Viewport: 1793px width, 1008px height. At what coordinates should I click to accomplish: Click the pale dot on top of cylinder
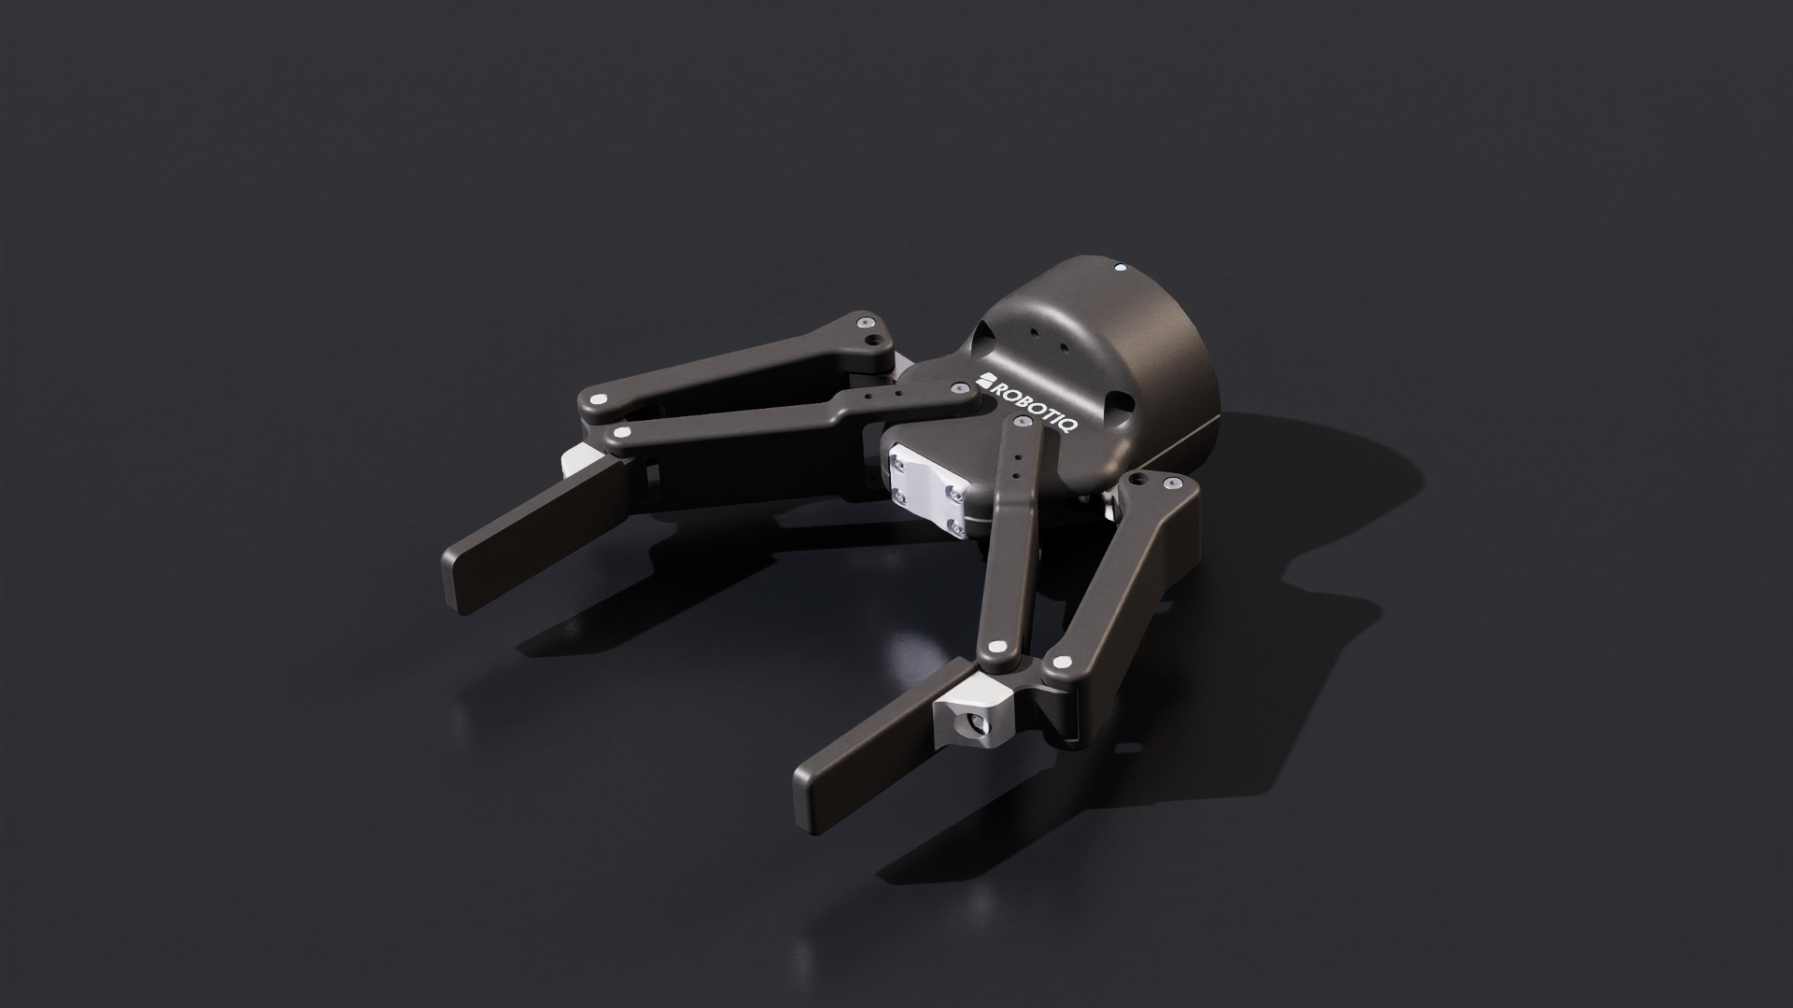tap(1119, 268)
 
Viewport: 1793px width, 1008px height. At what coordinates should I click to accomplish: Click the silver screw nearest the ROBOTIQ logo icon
tap(959, 385)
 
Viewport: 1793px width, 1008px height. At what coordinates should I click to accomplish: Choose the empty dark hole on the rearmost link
tap(875, 341)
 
